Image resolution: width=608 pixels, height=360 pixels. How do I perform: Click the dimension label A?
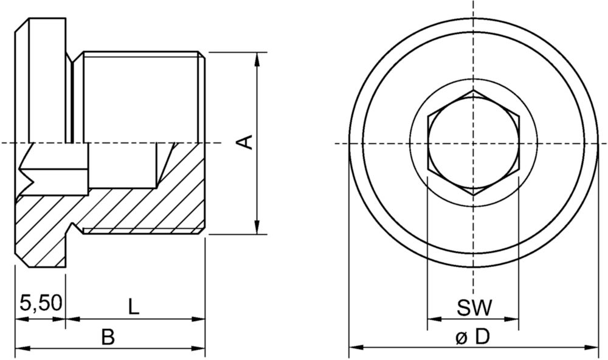click(x=244, y=142)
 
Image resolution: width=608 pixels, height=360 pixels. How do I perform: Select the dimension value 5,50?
click(x=41, y=303)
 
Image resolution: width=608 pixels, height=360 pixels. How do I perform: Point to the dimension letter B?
click(x=108, y=337)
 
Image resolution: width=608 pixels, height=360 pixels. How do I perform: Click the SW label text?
click(x=474, y=308)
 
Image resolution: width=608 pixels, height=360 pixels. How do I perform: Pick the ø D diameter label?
click(x=473, y=337)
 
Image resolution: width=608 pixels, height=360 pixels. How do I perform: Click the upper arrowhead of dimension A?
click(x=257, y=60)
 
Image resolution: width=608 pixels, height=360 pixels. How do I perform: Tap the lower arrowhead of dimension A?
click(x=257, y=227)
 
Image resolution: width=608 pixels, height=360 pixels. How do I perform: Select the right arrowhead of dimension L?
click(x=198, y=319)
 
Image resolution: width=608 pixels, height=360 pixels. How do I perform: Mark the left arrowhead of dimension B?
click(x=22, y=348)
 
